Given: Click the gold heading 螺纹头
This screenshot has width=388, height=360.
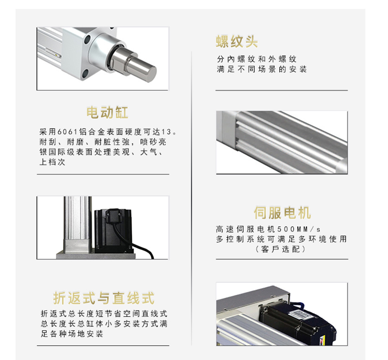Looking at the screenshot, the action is (x=237, y=41).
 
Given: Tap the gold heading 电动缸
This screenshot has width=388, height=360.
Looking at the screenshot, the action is (x=107, y=113).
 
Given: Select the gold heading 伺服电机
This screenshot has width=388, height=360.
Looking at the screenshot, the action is (x=282, y=213).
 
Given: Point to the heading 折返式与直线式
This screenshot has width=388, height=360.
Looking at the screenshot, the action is (x=104, y=298).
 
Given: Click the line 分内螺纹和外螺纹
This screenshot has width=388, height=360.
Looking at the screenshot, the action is (x=257, y=59).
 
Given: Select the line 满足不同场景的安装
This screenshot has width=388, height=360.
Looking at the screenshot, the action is (x=262, y=69).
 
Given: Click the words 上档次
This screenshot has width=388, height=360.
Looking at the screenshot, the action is (x=52, y=162).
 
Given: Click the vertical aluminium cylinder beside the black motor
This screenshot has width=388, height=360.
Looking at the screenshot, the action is (x=77, y=224).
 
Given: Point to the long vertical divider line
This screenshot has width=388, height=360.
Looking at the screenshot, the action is (x=191, y=198).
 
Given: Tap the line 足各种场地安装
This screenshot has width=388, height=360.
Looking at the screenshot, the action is (x=72, y=334).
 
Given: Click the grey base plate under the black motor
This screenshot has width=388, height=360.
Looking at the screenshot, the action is (x=96, y=256).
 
